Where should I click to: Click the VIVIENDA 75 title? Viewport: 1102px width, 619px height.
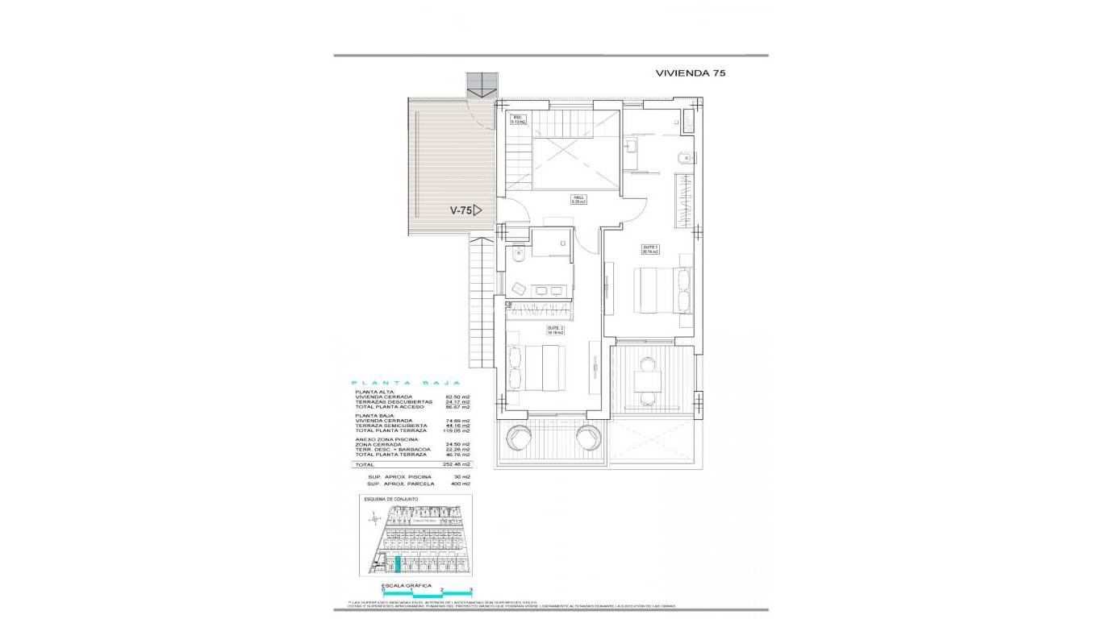click(691, 73)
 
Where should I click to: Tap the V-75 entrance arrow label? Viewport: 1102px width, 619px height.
click(465, 210)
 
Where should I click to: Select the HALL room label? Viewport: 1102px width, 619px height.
click(578, 200)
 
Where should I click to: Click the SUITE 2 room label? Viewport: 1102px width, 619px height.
click(555, 329)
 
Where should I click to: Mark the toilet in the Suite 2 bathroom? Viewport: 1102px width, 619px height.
click(519, 255)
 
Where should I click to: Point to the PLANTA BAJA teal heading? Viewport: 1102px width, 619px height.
click(406, 384)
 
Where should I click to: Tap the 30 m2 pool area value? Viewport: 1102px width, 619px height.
click(462, 476)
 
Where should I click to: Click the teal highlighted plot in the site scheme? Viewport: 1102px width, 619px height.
click(396, 564)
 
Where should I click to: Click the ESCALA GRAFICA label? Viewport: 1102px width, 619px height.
click(407, 586)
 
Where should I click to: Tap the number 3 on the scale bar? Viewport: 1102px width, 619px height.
click(470, 591)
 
